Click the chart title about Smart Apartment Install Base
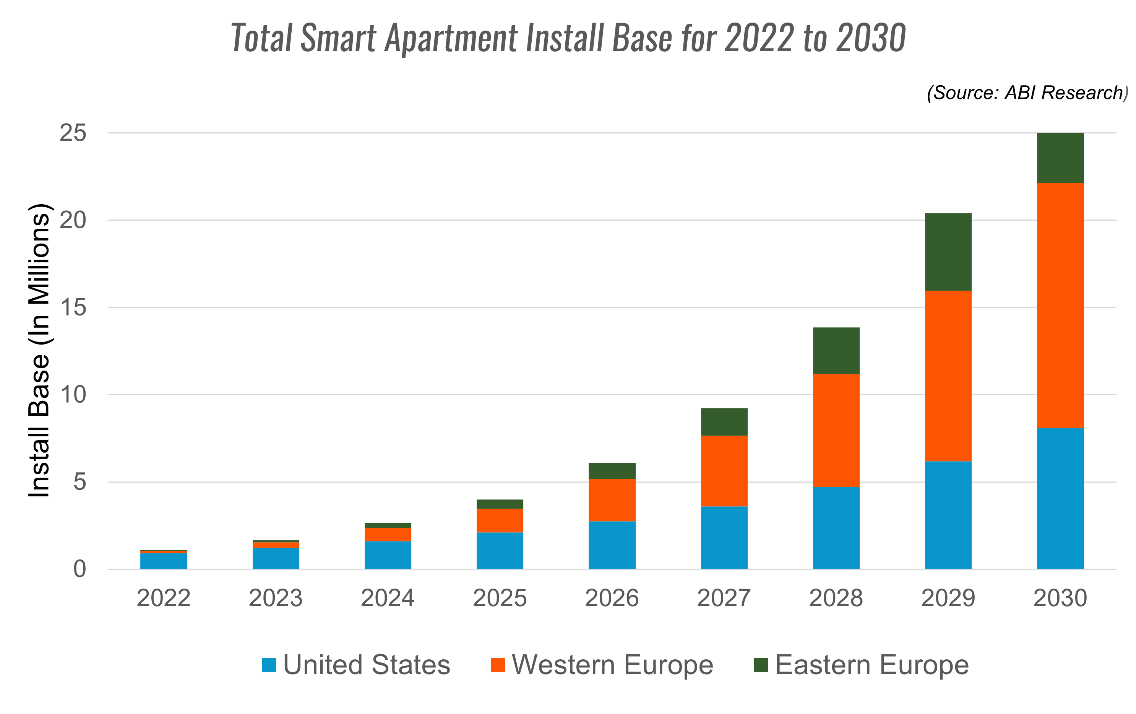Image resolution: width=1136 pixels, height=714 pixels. coord(568,38)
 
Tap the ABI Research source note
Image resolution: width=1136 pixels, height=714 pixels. coord(1027,93)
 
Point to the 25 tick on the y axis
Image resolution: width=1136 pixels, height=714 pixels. coord(73,133)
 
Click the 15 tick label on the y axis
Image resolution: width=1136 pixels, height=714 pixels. coord(73,308)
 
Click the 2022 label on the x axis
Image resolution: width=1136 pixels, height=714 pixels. coord(163,599)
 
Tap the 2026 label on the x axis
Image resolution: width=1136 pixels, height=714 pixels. coord(612,599)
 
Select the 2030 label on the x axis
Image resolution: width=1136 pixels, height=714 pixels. coord(1060,599)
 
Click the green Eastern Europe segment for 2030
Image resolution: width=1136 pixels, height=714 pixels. coord(1060,158)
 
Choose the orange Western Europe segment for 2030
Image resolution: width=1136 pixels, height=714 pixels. coord(1060,305)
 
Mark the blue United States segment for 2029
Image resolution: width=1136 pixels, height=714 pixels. coord(948,515)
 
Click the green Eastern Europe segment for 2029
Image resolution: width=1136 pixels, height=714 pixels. coord(948,252)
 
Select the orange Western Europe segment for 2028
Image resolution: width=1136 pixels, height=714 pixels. coord(836,430)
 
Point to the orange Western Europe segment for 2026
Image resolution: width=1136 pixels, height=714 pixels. coord(612,500)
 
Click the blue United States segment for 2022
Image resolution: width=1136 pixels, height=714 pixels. coord(163,561)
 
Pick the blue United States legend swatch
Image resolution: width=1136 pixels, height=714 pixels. coord(269,665)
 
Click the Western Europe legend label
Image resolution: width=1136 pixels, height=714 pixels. coord(612,665)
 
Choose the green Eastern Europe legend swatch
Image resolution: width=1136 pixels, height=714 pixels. coord(761,665)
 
